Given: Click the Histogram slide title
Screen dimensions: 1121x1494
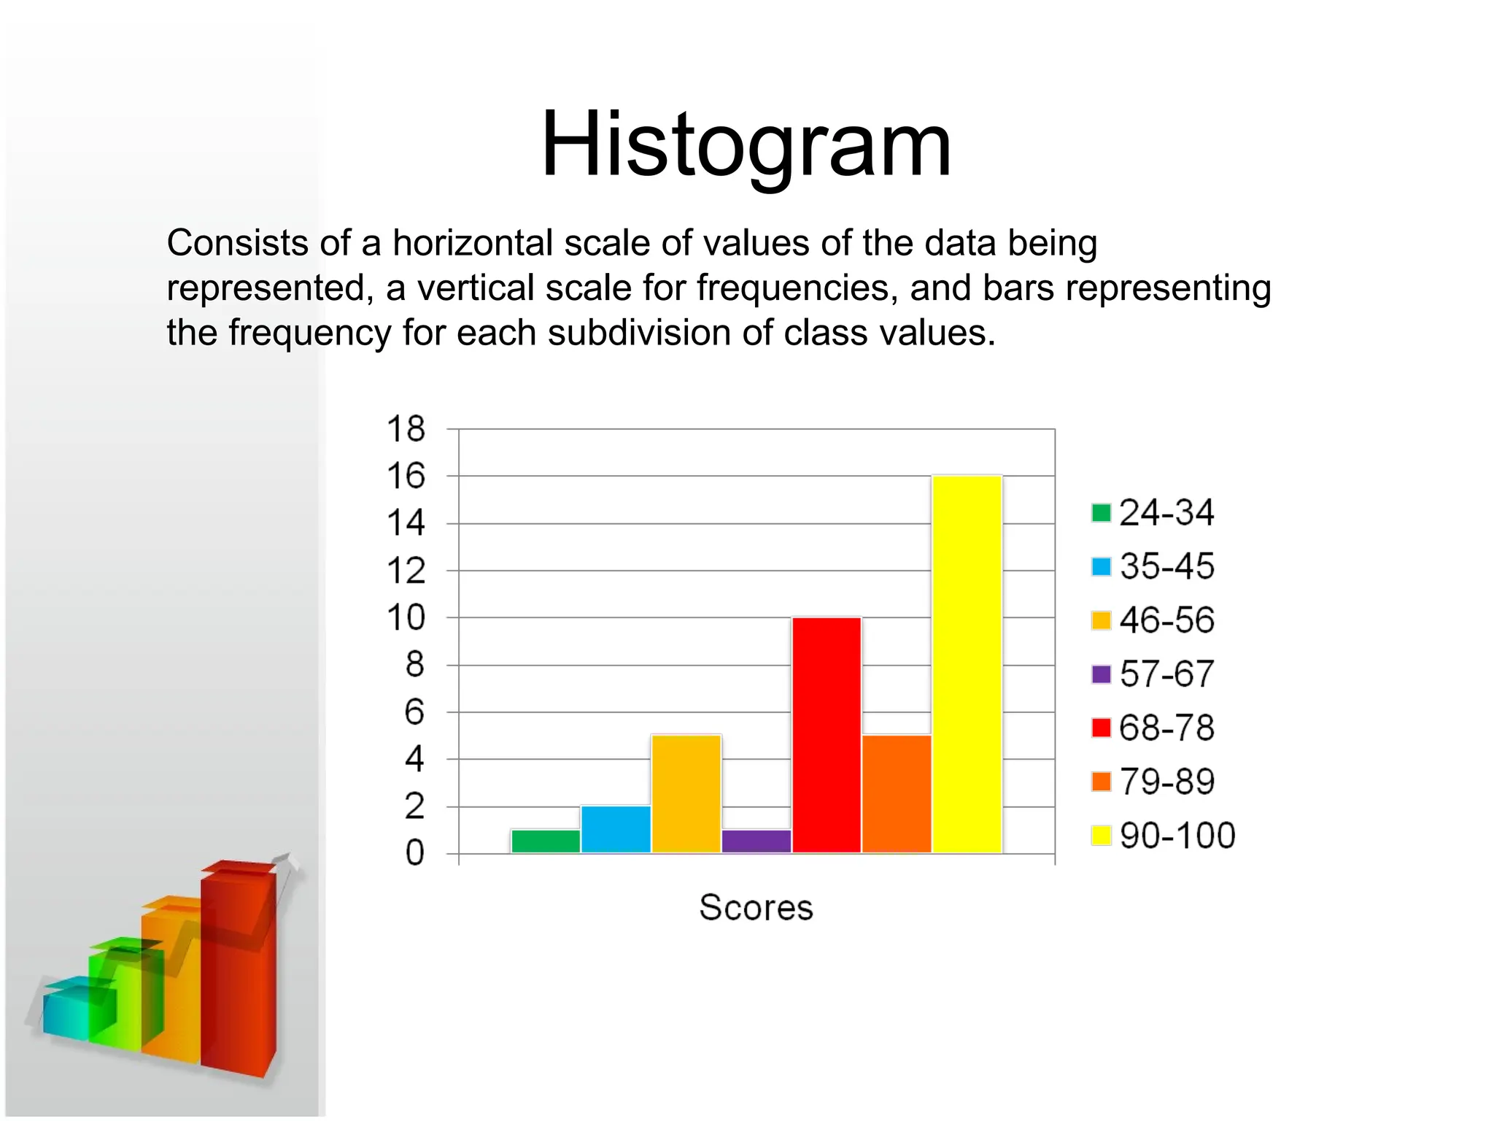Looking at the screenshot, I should [746, 144].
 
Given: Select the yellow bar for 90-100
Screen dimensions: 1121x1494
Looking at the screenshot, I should [967, 664].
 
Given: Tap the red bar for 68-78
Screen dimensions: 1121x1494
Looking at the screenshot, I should [827, 735].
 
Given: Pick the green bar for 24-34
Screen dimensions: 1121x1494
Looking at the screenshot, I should [546, 841].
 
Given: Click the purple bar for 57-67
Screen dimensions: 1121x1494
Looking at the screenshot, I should [756, 841].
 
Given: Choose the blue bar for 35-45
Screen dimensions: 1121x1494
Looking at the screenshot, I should [616, 829].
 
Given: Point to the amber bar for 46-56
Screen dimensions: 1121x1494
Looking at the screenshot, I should [686, 793].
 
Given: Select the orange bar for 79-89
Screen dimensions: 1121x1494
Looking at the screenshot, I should [897, 793].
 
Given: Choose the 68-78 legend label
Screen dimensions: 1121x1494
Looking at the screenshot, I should [1166, 728].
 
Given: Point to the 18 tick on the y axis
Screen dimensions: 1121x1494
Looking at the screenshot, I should [406, 429].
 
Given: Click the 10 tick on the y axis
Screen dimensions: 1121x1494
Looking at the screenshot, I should [406, 618].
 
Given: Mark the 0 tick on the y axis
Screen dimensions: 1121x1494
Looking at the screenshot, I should [414, 853].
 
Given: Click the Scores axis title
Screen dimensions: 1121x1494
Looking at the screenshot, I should [756, 908].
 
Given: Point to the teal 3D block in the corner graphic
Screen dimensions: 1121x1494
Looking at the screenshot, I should [67, 1009].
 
